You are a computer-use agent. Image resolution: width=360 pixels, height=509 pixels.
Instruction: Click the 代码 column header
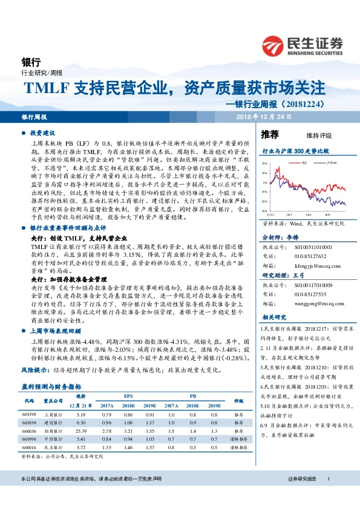pos(28,400)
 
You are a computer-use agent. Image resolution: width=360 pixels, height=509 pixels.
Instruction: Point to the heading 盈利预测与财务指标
pos(51,384)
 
